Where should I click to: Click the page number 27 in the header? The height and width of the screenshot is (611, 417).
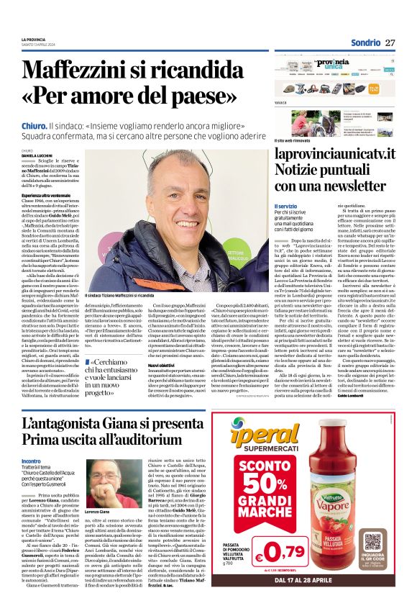click(x=390, y=43)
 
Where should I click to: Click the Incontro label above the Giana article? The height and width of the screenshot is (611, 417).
click(x=31, y=460)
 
